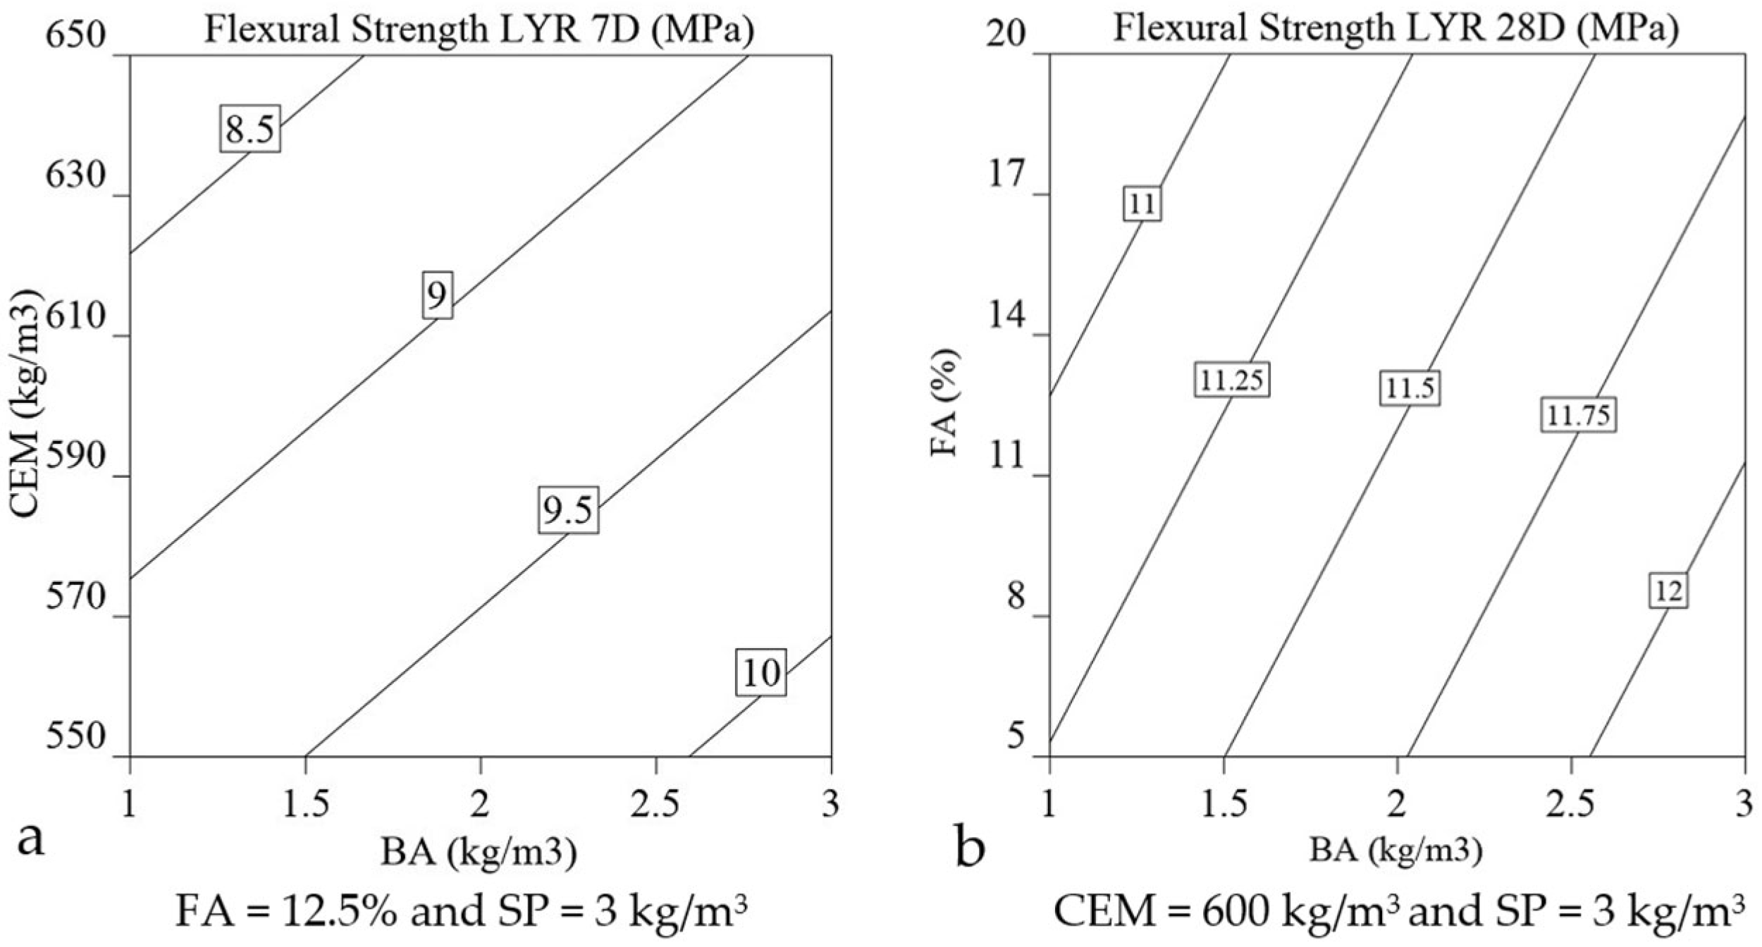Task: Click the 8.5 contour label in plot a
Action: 249,129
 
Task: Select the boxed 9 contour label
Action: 437,295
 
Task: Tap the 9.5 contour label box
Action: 568,509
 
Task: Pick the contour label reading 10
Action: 761,672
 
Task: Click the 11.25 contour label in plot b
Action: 1232,380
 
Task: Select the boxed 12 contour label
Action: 1668,590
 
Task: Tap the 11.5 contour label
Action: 1410,388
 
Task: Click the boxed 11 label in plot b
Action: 1142,204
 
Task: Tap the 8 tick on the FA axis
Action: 1016,597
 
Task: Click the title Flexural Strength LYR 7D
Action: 479,30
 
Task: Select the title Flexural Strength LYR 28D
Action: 1396,30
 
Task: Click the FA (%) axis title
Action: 945,403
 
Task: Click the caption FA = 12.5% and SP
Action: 462,912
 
